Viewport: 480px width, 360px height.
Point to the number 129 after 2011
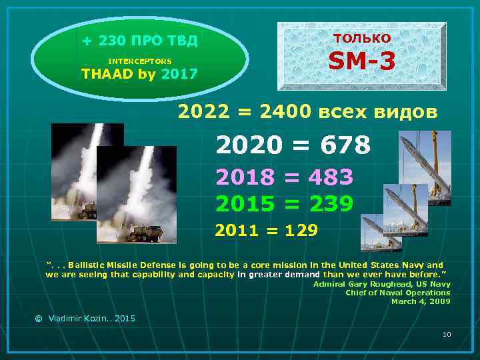301,231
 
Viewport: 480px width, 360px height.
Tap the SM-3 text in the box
362,62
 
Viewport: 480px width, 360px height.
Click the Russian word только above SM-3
362,37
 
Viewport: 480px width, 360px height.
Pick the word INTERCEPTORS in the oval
139,61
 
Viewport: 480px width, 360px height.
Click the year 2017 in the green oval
179,73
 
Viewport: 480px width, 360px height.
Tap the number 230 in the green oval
112,41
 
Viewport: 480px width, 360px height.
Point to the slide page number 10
447,333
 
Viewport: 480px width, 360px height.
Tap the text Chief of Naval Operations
397,293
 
